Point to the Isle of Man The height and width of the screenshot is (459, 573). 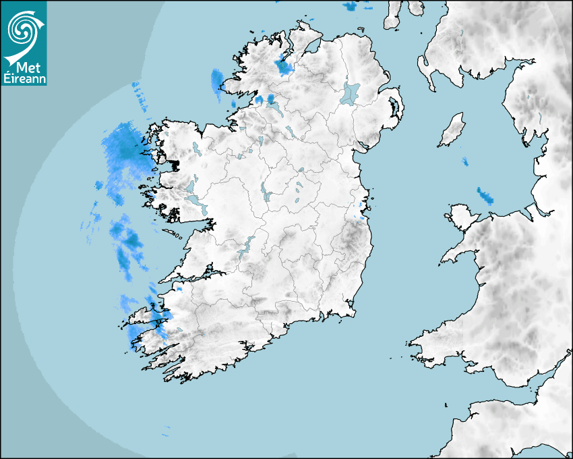[452, 130]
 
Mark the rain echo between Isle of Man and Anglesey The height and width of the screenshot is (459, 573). [484, 196]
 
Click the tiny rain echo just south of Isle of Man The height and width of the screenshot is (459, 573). [465, 161]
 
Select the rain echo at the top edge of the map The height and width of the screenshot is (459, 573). [349, 6]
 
